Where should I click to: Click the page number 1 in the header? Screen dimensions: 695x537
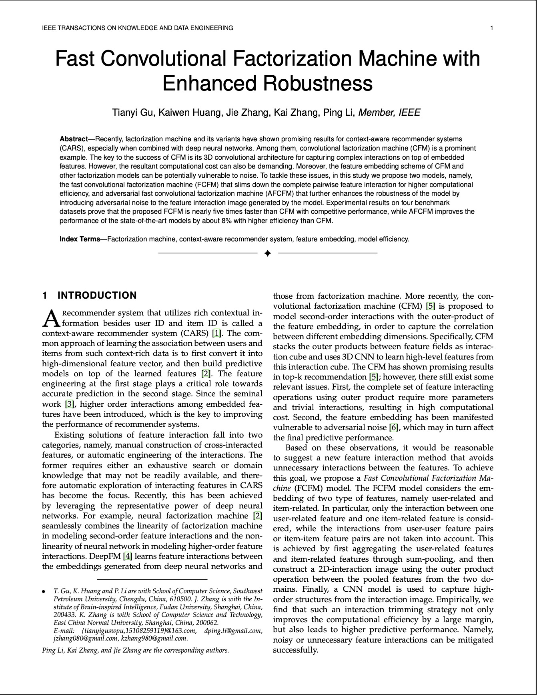[491, 28]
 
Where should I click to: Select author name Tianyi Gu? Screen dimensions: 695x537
[132, 112]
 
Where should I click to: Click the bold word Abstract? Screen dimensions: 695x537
[74, 139]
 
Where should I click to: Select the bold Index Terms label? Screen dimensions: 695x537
[80, 239]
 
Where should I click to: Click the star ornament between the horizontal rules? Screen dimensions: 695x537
[268, 253]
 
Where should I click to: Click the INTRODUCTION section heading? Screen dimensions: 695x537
[97, 295]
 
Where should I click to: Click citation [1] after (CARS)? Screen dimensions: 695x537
[216, 333]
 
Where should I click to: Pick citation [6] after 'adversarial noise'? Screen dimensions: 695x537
[394, 428]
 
